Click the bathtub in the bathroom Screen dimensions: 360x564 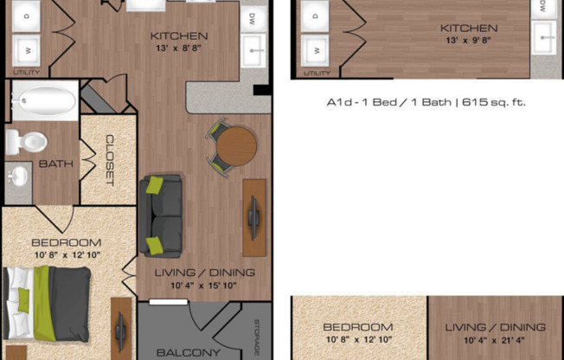pyautogui.click(x=42, y=101)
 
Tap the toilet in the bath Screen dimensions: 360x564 pyautogui.click(x=26, y=140)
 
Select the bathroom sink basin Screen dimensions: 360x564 pyautogui.click(x=17, y=177)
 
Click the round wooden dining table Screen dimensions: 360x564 pyautogui.click(x=236, y=147)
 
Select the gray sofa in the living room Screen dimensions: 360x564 pyautogui.click(x=161, y=215)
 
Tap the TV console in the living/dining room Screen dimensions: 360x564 pyautogui.click(x=254, y=215)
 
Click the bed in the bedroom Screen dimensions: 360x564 pyautogui.click(x=47, y=302)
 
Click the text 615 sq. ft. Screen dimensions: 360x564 pyautogui.click(x=495, y=101)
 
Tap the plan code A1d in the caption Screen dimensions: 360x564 pyautogui.click(x=339, y=101)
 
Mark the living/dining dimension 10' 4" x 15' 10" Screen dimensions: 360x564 pyautogui.click(x=205, y=286)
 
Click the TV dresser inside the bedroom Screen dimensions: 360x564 pyautogui.click(x=120, y=329)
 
